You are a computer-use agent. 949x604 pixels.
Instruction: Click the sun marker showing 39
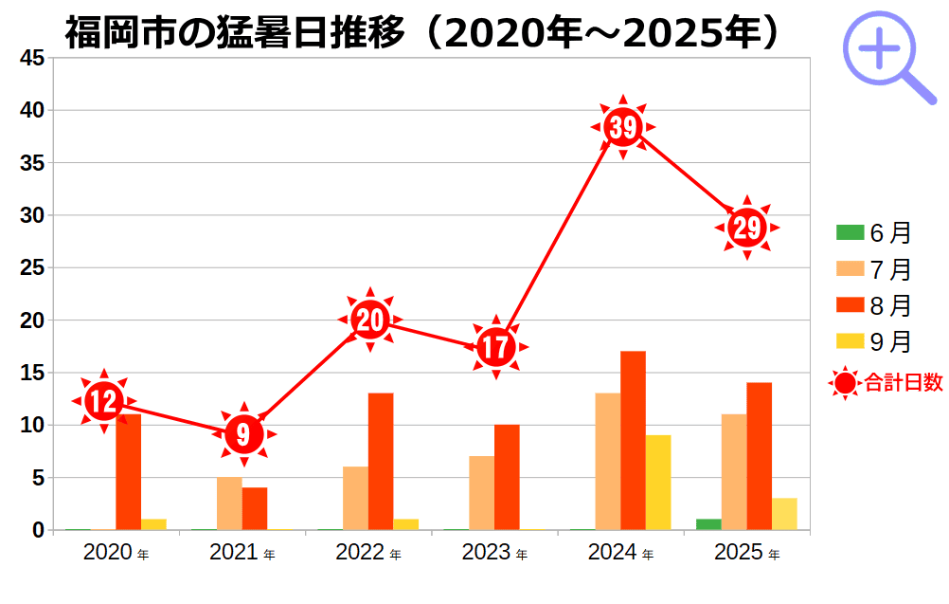pos(623,127)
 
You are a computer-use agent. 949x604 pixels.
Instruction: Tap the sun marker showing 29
pos(747,228)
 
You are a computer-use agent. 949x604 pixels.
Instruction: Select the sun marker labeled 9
pos(244,434)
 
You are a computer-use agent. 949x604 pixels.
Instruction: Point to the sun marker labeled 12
pos(103,401)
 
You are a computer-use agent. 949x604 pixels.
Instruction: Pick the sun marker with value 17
pos(495,347)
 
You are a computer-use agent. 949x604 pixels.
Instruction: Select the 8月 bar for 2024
pos(633,440)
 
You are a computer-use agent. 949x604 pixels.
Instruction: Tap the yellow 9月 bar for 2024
pos(658,482)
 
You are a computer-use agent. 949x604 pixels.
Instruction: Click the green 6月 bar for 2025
pos(708,524)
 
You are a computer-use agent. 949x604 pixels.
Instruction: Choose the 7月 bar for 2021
pos(229,503)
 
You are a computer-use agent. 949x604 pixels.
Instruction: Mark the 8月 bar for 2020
pos(128,471)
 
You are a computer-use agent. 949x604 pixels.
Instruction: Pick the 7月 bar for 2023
pos(481,493)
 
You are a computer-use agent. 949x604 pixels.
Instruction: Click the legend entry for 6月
pos(873,233)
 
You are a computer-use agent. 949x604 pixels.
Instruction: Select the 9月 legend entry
pos(873,341)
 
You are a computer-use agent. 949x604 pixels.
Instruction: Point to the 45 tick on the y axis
pos(32,58)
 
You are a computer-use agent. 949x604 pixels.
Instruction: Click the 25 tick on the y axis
pos(32,268)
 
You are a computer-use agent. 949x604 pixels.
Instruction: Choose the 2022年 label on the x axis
pos(367,553)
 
